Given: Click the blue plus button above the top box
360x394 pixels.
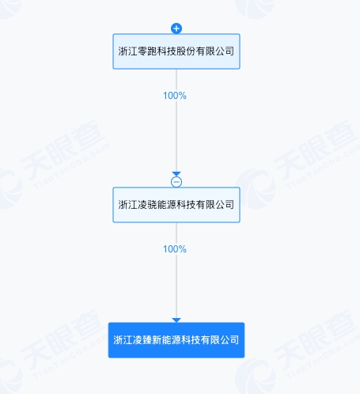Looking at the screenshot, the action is (176, 28).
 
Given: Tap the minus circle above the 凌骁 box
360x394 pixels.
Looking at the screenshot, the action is (176, 182).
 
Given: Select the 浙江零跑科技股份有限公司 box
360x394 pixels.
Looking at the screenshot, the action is (176, 51).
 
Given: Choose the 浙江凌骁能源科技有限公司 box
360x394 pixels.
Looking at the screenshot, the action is (176, 205).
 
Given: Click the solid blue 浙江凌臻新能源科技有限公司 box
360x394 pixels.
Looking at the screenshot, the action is (176, 340).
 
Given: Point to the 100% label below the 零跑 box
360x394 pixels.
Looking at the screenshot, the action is (175, 96).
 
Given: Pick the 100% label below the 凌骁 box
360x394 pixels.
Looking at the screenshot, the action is (175, 249).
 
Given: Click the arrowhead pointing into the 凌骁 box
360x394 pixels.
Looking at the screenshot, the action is (176, 174).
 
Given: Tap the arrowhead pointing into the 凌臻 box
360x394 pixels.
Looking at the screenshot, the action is (176, 320).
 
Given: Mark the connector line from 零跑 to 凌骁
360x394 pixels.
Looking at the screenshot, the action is (176, 120).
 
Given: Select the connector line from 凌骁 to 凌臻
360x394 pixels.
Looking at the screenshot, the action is (176, 271).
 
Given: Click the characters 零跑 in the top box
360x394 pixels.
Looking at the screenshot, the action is (147, 51).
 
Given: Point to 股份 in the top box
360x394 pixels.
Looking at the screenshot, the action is (186, 51).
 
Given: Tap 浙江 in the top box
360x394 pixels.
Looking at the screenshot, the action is (127, 51).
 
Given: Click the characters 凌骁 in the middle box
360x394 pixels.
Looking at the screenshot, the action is (147, 205).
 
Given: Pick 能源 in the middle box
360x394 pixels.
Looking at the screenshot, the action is (167, 205).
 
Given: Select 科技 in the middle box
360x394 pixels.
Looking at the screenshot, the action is (186, 205).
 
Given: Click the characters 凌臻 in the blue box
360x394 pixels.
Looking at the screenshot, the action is (142, 340).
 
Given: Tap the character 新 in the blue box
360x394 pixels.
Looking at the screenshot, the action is (157, 340).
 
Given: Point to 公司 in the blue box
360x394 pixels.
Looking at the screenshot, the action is (230, 340).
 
